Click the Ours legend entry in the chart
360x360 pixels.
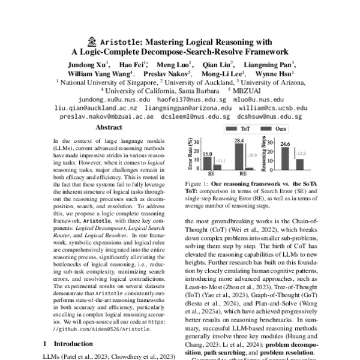tap(279, 128)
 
